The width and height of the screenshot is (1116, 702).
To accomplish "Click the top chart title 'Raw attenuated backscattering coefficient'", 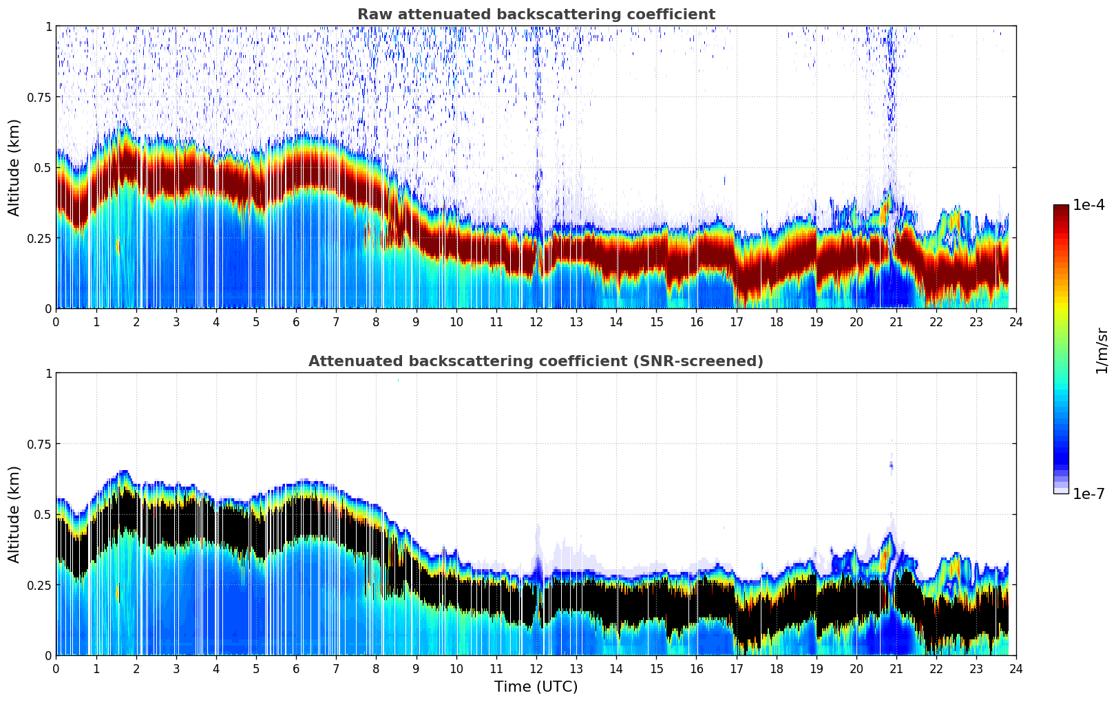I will (536, 14).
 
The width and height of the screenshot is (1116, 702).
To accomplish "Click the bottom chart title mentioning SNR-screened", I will (536, 361).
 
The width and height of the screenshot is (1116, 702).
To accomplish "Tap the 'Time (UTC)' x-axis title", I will (536, 687).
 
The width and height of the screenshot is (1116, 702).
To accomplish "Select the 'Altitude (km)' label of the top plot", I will (14, 167).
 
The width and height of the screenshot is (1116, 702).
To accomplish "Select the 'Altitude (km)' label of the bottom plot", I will (14, 514).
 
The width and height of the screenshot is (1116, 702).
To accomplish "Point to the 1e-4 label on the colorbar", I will (1088, 205).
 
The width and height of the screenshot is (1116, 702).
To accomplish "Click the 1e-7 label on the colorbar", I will (1088, 493).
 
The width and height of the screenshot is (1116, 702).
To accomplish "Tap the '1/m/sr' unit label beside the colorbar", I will (1102, 351).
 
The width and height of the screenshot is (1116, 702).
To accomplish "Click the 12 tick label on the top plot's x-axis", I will (536, 321).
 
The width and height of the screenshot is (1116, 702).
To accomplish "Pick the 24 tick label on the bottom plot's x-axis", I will (1015, 668).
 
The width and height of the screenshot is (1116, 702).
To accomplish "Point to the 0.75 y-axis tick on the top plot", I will (39, 97).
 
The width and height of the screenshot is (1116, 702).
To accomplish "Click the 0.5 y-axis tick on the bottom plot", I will (43, 514).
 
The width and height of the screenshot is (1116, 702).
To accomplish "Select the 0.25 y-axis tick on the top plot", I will (39, 238).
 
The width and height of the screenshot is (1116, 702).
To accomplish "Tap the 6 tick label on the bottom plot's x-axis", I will (296, 668).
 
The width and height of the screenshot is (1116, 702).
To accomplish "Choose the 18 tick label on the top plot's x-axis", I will (776, 321).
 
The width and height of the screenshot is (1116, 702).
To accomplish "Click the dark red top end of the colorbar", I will (1061, 208).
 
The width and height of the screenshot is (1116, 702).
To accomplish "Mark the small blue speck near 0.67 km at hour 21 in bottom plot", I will (891, 466).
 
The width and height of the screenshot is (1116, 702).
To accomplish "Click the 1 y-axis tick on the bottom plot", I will (48, 373).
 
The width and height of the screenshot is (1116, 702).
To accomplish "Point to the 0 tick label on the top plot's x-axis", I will (56, 321).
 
